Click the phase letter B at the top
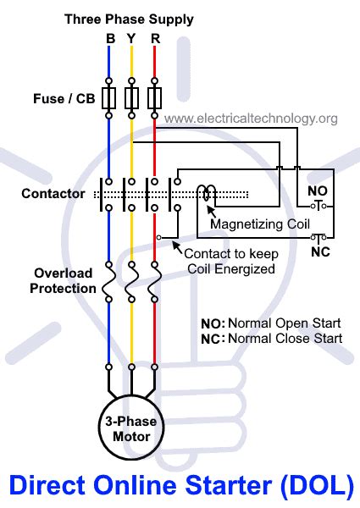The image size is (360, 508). (110, 38)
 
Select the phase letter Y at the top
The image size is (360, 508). (132, 38)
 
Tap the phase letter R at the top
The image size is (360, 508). (154, 38)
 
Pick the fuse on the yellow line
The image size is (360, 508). (132, 99)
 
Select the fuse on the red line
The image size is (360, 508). (154, 99)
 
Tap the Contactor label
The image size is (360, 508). (53, 194)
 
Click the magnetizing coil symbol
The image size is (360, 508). (207, 196)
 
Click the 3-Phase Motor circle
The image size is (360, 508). (132, 430)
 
